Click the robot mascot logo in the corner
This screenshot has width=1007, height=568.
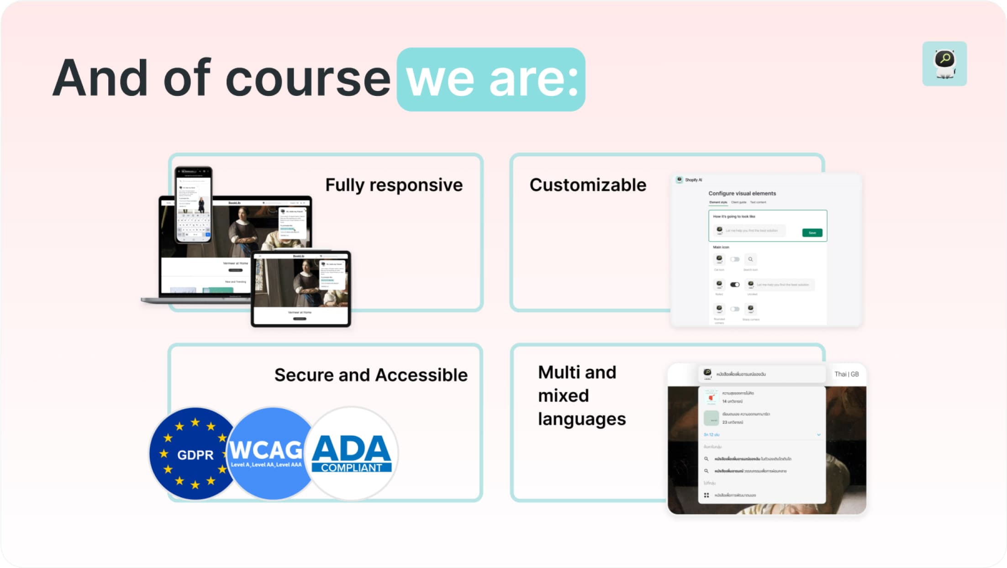944,63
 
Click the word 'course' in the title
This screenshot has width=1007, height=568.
308,79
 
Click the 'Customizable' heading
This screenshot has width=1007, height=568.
588,185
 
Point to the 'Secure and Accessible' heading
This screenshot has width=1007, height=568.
371,375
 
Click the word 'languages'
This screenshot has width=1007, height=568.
581,419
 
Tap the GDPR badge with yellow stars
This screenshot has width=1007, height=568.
195,454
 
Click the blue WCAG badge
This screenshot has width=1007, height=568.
266,454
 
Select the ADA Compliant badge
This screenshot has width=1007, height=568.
351,454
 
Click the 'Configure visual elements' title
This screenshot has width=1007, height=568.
742,193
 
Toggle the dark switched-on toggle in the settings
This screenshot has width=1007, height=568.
734,284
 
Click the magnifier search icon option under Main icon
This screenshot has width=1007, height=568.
750,259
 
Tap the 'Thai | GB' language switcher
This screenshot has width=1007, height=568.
846,374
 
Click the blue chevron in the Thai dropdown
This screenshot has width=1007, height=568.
818,435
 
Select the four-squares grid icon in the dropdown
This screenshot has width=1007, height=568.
706,495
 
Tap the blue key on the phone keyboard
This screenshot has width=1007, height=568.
208,234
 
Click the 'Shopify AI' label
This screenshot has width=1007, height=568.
693,180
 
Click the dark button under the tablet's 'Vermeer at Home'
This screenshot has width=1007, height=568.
300,319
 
